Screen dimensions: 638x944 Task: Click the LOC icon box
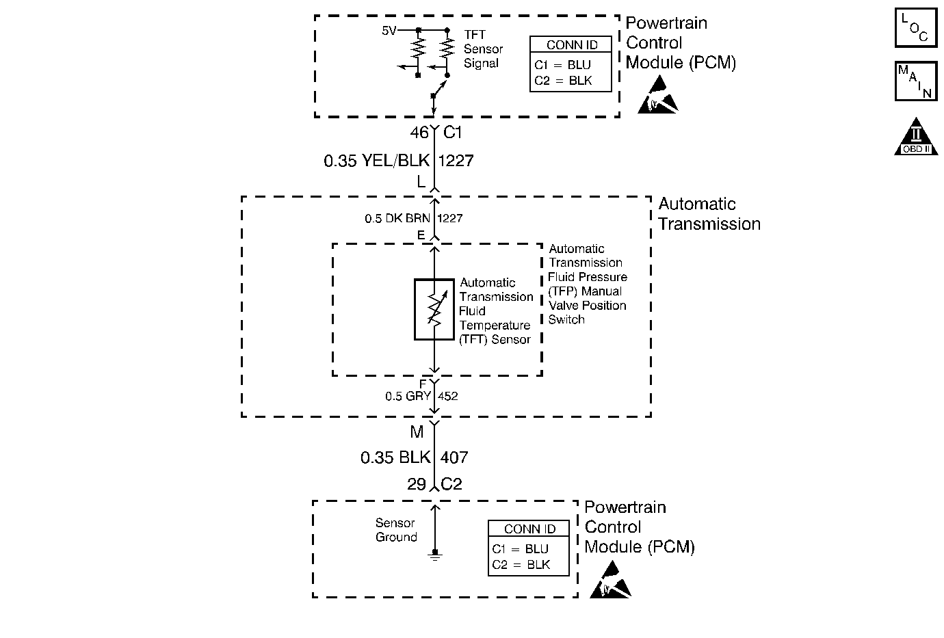[915, 28]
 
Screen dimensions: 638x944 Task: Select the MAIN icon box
[915, 81]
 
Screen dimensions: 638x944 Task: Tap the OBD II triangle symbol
[916, 137]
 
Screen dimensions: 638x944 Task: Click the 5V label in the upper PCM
[389, 31]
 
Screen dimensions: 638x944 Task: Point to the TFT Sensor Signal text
[483, 49]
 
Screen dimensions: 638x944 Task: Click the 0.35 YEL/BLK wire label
[376, 161]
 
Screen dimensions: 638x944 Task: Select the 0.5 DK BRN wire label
[397, 219]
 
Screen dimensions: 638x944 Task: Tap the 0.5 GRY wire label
[408, 396]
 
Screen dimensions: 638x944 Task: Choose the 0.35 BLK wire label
[395, 457]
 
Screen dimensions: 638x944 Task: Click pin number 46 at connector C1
[419, 133]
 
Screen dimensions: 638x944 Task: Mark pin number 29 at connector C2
[417, 485]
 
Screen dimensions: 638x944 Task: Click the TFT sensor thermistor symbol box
[434, 309]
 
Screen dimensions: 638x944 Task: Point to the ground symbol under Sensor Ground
[434, 555]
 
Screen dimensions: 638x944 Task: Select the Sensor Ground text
[395, 530]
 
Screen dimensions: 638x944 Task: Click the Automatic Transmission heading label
[709, 214]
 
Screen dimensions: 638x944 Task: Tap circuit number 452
[448, 396]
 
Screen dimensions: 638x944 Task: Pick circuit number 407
[454, 457]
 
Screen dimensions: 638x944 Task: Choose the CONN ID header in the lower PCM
[529, 529]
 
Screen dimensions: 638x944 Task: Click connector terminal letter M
[417, 432]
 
